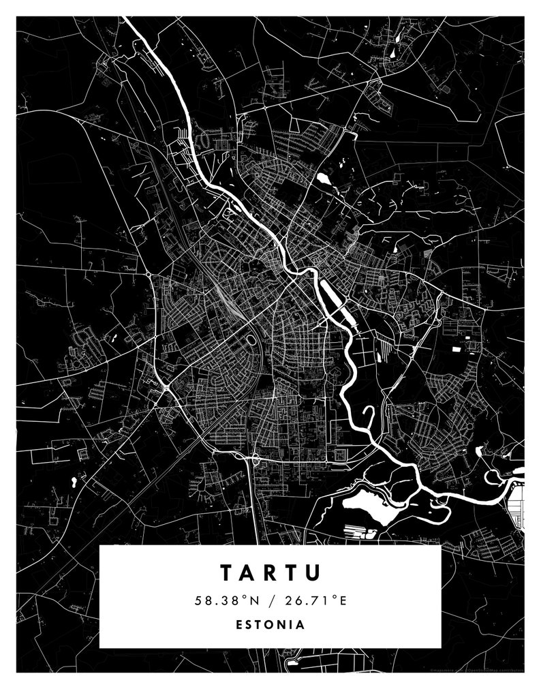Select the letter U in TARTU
point(312,572)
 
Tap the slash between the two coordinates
point(270,600)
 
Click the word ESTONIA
point(270,624)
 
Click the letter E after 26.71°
point(344,600)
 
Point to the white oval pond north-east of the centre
point(322,179)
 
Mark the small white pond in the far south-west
point(73,481)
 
